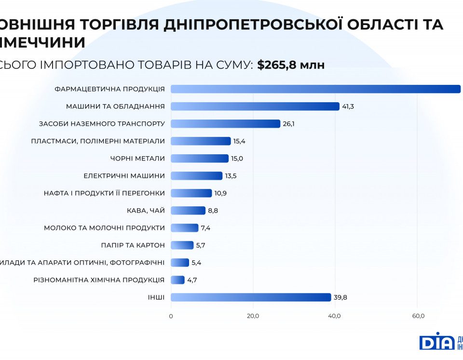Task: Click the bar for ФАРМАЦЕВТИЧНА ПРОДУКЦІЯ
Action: click(315, 89)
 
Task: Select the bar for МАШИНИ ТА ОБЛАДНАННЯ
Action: click(255, 107)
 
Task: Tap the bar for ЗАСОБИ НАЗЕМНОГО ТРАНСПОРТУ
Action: click(225, 124)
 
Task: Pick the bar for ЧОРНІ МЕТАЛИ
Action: click(200, 159)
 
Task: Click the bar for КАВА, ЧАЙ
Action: click(188, 211)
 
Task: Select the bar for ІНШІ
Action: click(251, 297)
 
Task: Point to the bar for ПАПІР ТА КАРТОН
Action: click(182, 245)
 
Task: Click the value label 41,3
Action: click(348, 107)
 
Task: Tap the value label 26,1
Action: click(288, 124)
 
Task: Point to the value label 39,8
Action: click(340, 297)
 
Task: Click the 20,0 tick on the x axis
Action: click(253, 316)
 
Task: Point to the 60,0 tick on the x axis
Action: click(418, 316)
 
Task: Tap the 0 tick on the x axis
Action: click(171, 316)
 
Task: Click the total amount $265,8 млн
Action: click(291, 65)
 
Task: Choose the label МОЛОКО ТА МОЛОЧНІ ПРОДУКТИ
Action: click(104, 228)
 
